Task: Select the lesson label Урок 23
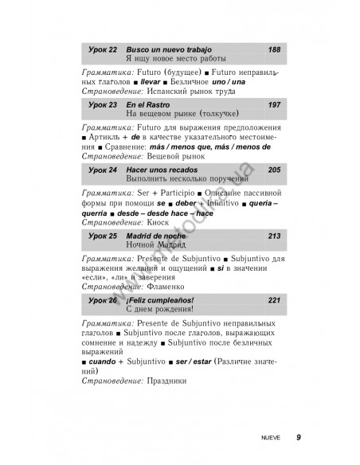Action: coord(102,104)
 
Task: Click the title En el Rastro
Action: coord(147,104)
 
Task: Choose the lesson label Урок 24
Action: coord(102,170)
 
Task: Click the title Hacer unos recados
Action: coord(157,170)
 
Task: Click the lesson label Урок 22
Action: coord(102,49)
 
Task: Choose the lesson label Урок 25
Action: coord(102,236)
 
